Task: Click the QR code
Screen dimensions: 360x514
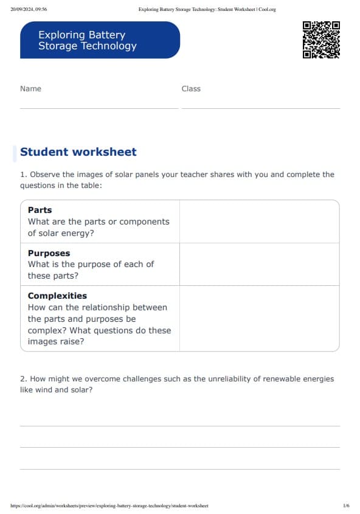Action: point(321,40)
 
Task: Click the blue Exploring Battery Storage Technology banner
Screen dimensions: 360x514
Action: point(100,40)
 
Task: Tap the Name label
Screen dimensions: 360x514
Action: point(31,89)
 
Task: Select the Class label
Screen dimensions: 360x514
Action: point(191,89)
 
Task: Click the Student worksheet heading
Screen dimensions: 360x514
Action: point(78,152)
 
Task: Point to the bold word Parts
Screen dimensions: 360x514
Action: point(40,210)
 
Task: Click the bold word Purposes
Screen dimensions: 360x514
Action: point(49,253)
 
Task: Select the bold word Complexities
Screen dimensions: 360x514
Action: point(57,296)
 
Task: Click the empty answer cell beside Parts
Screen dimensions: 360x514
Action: point(259,221)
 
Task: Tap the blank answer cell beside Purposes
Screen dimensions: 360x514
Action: point(259,265)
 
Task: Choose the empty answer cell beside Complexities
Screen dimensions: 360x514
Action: point(259,318)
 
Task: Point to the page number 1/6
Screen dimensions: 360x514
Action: point(346,505)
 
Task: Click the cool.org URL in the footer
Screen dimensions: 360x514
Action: point(109,505)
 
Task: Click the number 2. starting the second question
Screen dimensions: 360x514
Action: point(24,379)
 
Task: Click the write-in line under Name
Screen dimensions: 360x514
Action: point(99,108)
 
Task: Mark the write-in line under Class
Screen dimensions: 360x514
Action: point(260,108)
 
